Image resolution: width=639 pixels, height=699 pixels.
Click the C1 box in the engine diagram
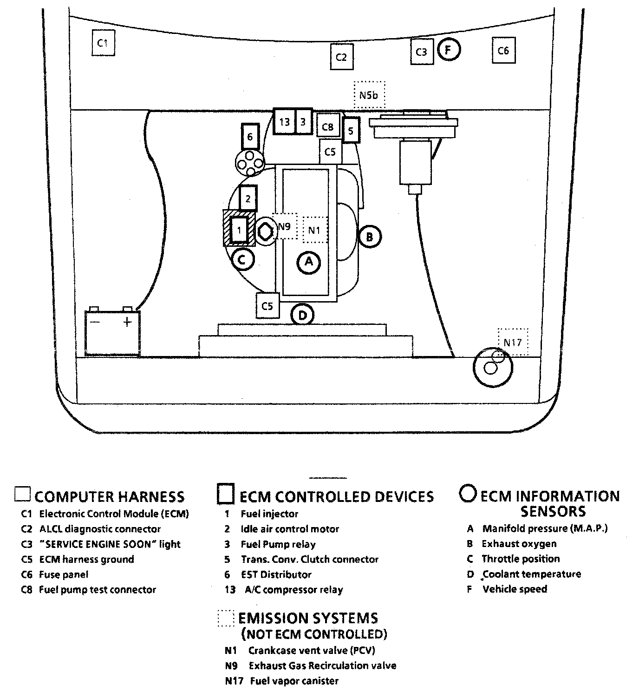[103, 43]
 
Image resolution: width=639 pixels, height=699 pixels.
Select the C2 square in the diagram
[341, 57]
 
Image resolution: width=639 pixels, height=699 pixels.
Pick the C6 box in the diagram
[503, 51]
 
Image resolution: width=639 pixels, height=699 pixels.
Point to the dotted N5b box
[369, 95]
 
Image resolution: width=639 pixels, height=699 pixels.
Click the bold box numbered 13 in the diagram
[284, 122]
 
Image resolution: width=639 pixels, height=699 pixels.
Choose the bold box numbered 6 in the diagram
[250, 137]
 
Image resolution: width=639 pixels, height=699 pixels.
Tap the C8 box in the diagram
[328, 127]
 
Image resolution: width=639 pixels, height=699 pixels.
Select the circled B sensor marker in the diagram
[370, 237]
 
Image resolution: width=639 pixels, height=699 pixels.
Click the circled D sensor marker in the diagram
[302, 316]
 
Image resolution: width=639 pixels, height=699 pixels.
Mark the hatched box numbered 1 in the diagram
[239, 229]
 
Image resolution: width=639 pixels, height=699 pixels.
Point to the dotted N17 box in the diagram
[513, 343]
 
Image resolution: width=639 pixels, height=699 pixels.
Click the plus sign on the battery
[127, 321]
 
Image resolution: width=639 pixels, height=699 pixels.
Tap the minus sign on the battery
[95, 321]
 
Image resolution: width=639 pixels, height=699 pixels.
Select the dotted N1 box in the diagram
[315, 230]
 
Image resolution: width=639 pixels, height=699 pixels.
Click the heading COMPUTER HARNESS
[110, 497]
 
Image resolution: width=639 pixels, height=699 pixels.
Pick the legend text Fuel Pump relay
[278, 544]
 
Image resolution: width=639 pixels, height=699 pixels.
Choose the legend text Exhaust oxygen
[519, 544]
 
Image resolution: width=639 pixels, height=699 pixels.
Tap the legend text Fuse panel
[64, 574]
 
